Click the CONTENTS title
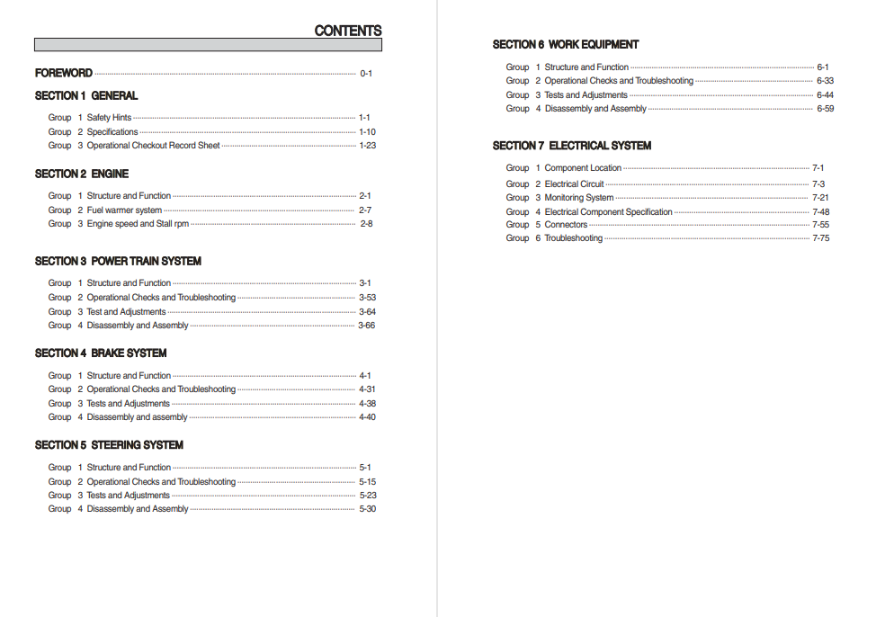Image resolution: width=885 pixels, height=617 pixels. tap(347, 31)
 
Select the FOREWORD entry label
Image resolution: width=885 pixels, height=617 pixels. tap(64, 73)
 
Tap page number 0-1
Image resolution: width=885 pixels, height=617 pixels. tap(366, 74)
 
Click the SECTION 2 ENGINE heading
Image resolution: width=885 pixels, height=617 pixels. tap(82, 174)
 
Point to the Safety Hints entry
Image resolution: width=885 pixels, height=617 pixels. tap(109, 118)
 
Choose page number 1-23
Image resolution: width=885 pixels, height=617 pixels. tap(368, 146)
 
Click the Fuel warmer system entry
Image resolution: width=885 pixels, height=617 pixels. tap(124, 210)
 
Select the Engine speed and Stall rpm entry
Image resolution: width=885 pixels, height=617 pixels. tap(138, 224)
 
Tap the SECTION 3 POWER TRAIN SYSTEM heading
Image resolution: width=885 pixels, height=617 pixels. tap(118, 261)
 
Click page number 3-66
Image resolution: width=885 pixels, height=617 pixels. tap(367, 326)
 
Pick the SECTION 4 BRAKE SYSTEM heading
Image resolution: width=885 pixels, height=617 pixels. tap(101, 353)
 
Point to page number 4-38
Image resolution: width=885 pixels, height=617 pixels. tap(368, 404)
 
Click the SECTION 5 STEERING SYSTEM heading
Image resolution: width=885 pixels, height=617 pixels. tap(109, 444)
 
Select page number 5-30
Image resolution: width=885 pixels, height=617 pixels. tap(368, 509)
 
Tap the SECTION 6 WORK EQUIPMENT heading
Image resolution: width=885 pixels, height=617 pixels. tap(566, 44)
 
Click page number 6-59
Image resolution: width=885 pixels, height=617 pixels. tap(825, 109)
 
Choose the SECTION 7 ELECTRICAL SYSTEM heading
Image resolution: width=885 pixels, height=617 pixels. tap(572, 145)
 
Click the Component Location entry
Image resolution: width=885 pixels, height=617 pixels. tap(583, 168)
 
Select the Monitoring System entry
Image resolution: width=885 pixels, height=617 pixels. tap(579, 198)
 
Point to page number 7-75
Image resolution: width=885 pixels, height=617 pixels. tap(821, 238)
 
